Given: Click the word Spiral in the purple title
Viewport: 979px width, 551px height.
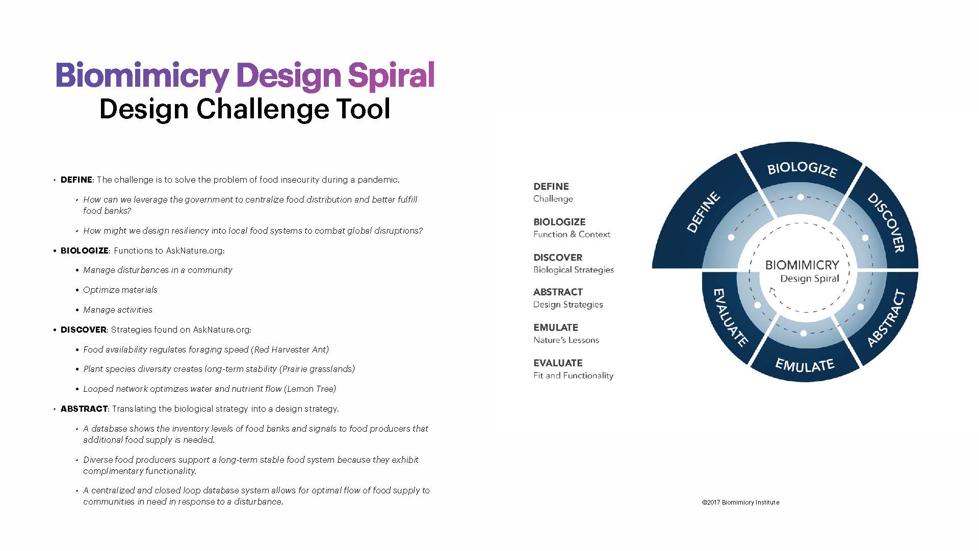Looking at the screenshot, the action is pos(391,76).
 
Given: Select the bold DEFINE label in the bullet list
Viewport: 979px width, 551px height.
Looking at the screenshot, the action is pos(76,180).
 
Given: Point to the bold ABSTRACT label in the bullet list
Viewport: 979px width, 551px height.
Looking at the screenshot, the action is pos(84,409).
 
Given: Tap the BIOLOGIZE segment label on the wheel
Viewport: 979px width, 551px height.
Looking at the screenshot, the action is pos(802,169).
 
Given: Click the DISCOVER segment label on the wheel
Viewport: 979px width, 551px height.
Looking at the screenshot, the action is pos(887,222).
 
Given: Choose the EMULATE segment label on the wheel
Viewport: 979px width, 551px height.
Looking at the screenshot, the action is pos(805,365).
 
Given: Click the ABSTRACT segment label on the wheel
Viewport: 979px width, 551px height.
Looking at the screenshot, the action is pos(886,318).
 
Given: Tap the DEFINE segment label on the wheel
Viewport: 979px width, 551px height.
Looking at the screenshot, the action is pos(704,212).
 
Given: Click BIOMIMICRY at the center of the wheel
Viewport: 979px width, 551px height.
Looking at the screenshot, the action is pos(802,265).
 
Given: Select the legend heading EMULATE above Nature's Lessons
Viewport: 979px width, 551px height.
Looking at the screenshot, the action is pos(556,328).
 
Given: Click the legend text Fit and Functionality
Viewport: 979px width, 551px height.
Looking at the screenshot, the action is pos(573,375).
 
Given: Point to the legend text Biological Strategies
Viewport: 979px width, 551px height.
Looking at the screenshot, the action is pos(574,270).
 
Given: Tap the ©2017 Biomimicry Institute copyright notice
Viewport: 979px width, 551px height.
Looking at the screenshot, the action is pos(740,503).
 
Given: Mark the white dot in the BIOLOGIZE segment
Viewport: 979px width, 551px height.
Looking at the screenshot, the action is pos(801,197).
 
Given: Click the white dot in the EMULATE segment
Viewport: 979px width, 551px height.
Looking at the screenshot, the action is pos(804,333).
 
